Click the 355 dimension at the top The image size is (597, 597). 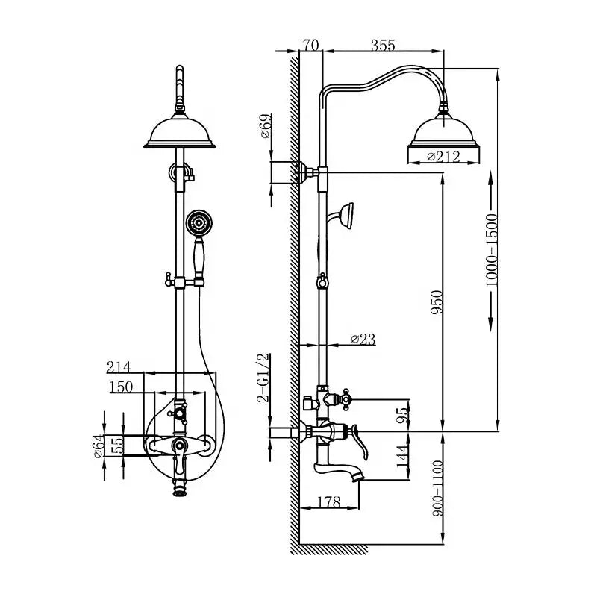click(x=382, y=46)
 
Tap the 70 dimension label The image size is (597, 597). click(x=310, y=46)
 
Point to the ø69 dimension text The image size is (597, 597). click(x=266, y=128)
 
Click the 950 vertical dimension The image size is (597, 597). click(x=438, y=302)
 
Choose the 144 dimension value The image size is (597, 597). click(x=404, y=457)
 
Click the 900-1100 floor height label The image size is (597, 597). click(x=438, y=490)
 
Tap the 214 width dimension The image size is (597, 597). click(x=119, y=366)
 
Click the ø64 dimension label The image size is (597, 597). click(x=97, y=446)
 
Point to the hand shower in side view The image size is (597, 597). click(x=346, y=213)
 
